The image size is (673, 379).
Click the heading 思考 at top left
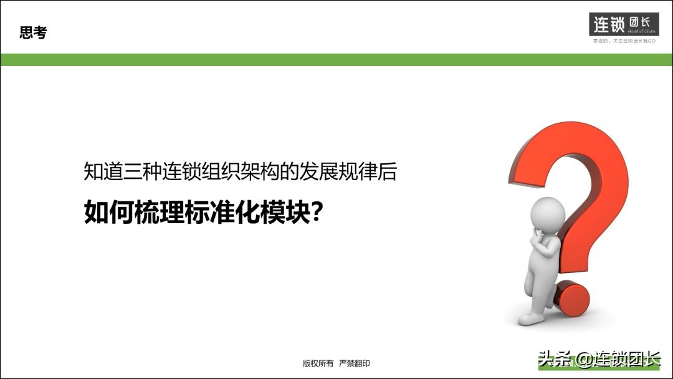coord(33,34)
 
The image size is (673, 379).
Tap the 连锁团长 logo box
coord(623,24)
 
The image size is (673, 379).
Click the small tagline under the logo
coord(623,41)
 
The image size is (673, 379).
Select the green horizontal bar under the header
coord(336,60)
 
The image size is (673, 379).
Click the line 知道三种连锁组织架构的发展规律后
coord(240,172)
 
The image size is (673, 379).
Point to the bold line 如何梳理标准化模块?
coord(203,213)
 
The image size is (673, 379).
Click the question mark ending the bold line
coord(317,213)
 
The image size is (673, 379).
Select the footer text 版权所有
coord(318,363)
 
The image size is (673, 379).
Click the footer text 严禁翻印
coord(355,363)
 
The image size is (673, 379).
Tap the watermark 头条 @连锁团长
coord(598,360)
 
